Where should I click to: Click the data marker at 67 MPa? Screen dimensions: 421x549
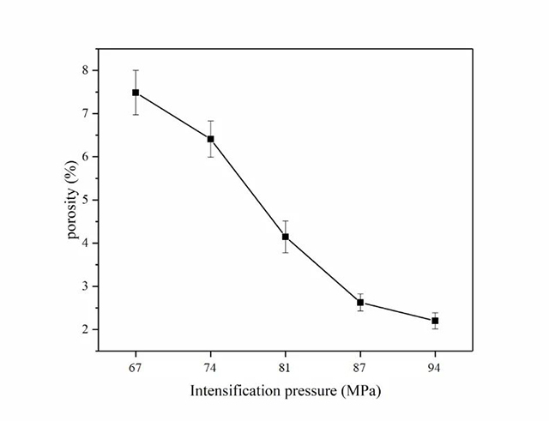[x=136, y=93]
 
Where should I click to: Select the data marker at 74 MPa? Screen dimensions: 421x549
[x=210, y=139]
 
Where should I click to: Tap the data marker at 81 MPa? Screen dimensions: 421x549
[x=286, y=237]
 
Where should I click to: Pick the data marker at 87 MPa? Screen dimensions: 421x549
[x=360, y=302]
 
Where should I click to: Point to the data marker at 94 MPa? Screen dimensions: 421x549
[x=435, y=321]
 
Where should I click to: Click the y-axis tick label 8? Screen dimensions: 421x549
[x=84, y=70]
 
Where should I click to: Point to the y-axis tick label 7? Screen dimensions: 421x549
[x=84, y=113]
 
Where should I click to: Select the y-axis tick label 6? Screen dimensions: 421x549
[x=84, y=157]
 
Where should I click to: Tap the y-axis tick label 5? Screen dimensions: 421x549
[x=84, y=200]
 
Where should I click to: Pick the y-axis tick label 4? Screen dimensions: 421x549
[x=84, y=244]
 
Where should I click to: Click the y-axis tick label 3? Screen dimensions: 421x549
[x=84, y=286]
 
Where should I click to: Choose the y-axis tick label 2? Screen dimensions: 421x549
[x=84, y=330]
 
